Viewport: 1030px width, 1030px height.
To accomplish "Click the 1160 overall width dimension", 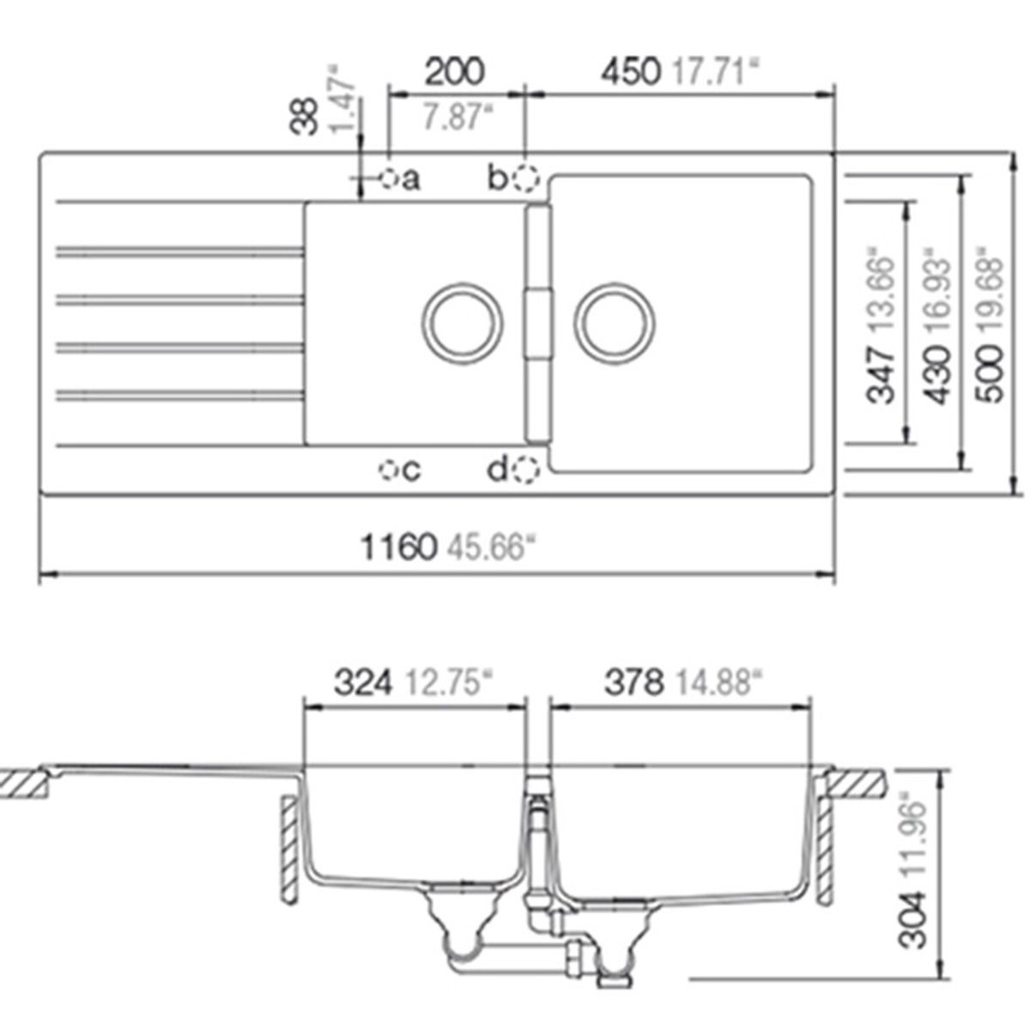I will (x=398, y=547).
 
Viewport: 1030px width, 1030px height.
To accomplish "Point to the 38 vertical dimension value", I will (x=304, y=115).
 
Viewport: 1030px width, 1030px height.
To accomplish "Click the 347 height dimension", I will (x=882, y=373).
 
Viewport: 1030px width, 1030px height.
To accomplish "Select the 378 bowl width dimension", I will (x=634, y=683).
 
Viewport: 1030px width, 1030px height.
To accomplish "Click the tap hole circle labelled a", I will (x=388, y=179).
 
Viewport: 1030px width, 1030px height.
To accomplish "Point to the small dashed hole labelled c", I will (x=389, y=470).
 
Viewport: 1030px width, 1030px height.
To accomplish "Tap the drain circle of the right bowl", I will (x=615, y=324).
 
